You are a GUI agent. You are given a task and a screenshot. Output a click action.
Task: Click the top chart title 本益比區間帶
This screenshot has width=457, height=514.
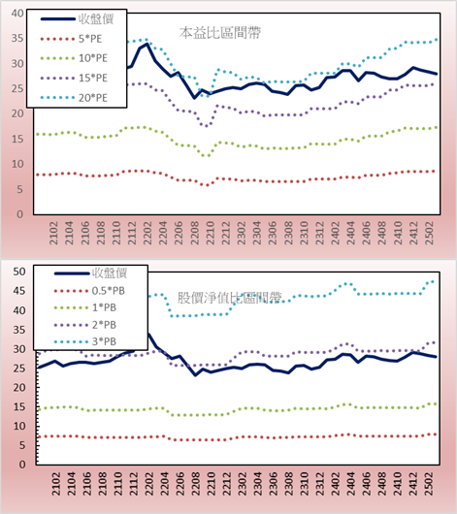[x=220, y=33]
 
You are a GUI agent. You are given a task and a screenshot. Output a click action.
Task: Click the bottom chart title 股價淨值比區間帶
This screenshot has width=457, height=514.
[x=229, y=298]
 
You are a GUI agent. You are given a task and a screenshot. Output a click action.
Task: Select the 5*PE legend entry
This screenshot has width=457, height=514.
[x=90, y=39]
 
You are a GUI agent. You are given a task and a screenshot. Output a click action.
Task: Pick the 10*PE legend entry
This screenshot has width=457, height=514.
[x=93, y=58]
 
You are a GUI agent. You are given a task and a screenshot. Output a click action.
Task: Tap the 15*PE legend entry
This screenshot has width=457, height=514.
[x=93, y=78]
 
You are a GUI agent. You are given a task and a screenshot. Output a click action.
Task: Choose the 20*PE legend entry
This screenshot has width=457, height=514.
[x=93, y=98]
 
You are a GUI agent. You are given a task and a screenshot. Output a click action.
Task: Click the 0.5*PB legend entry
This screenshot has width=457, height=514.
[x=109, y=291]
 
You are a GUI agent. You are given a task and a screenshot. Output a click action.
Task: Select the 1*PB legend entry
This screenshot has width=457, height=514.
[x=104, y=307]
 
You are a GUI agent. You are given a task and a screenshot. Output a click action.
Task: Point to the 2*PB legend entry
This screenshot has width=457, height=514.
[x=104, y=325]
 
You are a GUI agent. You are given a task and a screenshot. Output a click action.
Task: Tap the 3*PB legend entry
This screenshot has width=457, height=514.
[x=104, y=341]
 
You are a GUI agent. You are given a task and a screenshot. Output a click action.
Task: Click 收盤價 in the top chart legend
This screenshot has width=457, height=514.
[x=96, y=19]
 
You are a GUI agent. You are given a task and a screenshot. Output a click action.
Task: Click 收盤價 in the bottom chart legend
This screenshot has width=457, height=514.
[x=110, y=273]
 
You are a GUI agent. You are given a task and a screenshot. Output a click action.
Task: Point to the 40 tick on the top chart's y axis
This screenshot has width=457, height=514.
[x=17, y=14]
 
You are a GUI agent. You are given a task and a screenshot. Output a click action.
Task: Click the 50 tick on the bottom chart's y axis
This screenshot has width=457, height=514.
[x=19, y=272]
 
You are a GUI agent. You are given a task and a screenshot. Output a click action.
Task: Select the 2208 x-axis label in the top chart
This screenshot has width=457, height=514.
[x=195, y=233]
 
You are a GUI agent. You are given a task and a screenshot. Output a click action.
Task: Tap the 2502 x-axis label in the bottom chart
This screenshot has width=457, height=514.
[x=429, y=484]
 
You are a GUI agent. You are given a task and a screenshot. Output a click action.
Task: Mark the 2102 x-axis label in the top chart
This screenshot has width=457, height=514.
[x=53, y=233]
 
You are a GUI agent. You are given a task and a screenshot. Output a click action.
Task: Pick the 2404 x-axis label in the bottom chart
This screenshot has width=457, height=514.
[x=350, y=484]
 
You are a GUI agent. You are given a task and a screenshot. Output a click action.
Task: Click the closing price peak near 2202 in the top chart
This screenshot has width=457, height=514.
[x=147, y=44]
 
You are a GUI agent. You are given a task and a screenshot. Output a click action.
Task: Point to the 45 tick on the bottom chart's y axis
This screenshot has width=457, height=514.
[x=19, y=291]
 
